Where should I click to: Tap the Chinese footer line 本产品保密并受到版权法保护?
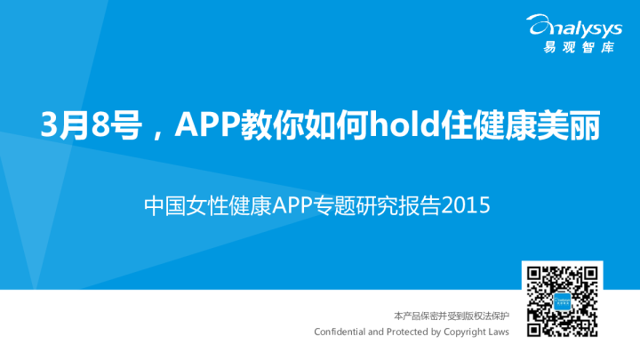[x=452, y=316]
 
